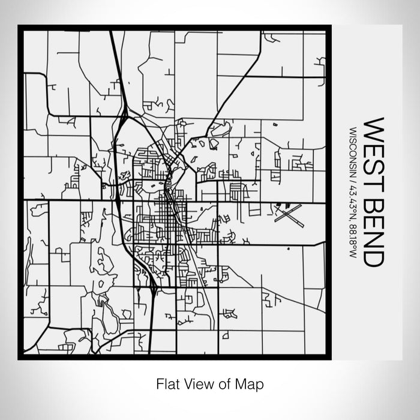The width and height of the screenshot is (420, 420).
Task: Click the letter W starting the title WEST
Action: pos(374,128)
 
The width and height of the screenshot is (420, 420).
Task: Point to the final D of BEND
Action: pos(374,257)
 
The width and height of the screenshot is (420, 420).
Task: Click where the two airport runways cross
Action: pos(288,214)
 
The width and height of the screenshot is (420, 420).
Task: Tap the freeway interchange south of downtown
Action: pos(154,290)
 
